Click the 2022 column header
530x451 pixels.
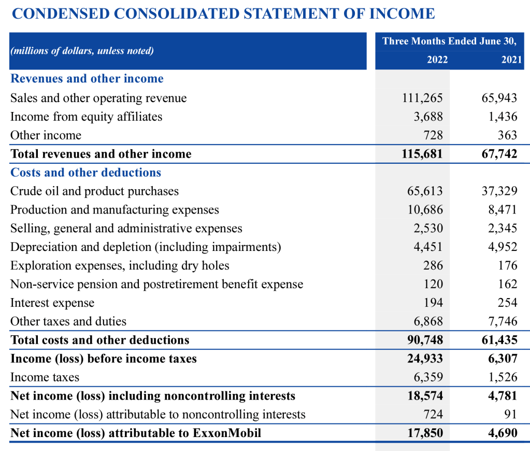tap(437, 60)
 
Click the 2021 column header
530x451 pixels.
tap(511, 60)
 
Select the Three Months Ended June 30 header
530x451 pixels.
tap(449, 41)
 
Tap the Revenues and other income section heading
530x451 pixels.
tap(87, 79)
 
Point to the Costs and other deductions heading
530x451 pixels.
tap(86, 173)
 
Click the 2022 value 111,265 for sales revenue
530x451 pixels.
tap(422, 98)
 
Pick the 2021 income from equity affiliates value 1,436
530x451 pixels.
tap(503, 117)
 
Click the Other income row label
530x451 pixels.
tap(46, 135)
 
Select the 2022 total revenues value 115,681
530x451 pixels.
tap(422, 154)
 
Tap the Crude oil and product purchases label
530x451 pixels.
tap(94, 191)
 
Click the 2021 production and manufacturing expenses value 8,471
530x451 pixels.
tap(503, 210)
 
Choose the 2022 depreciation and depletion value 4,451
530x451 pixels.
tap(428, 247)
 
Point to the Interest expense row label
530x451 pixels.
tap(52, 303)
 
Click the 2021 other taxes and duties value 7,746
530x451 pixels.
tap(503, 321)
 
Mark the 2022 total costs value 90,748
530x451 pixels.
tap(425, 340)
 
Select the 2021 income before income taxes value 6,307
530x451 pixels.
tap(503, 359)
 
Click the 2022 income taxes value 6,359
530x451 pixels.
tap(428, 377)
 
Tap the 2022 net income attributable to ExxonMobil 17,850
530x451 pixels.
tap(425, 433)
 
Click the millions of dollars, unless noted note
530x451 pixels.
tap(82, 51)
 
